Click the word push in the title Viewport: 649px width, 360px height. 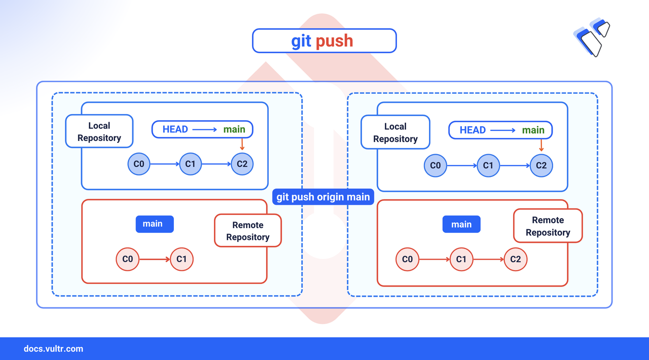(334, 41)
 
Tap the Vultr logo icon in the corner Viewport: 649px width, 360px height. (592, 38)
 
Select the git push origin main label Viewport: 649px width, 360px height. (323, 197)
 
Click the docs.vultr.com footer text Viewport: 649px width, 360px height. (53, 349)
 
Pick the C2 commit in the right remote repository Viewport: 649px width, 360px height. (516, 259)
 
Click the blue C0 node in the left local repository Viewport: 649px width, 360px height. (139, 164)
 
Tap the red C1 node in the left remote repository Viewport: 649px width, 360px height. (182, 259)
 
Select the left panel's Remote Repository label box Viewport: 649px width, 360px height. (247, 231)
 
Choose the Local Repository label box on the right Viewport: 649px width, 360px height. (395, 132)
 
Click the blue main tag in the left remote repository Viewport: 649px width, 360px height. (154, 224)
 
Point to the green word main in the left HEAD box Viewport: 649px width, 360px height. (234, 129)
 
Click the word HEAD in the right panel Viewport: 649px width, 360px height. (473, 130)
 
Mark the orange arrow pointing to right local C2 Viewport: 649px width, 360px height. (542, 146)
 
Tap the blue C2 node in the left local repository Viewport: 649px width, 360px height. (242, 164)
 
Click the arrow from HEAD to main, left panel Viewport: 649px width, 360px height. (204, 130)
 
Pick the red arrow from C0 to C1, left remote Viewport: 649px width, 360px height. (155, 259)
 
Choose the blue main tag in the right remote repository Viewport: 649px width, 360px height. (461, 225)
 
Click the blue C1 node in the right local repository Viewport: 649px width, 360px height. (488, 165)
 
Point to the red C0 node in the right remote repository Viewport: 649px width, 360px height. (407, 259)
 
